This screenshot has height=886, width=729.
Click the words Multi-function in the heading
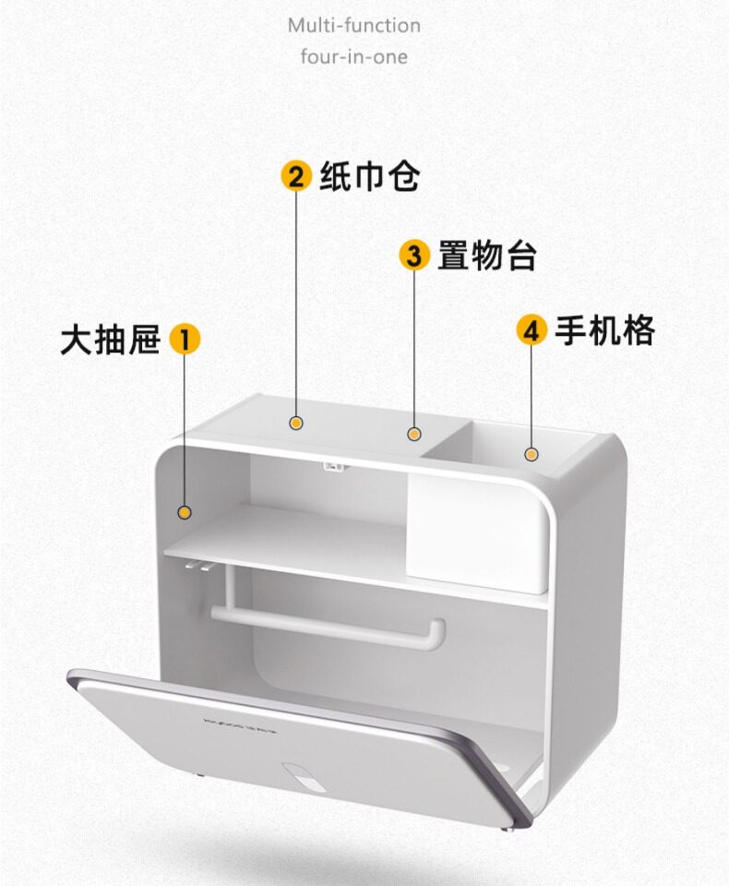[x=353, y=25]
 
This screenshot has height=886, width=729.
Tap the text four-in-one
[x=353, y=56]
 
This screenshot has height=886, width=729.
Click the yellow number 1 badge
[x=185, y=339]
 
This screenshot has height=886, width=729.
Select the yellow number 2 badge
[x=296, y=175]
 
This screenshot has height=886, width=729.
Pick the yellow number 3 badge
[x=414, y=255]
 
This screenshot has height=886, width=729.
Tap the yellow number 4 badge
[x=532, y=329]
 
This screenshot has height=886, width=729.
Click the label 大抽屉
[x=110, y=339]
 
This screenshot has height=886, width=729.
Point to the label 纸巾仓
[x=369, y=175]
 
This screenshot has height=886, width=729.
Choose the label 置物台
[x=486, y=255]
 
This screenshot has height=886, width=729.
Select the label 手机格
[x=604, y=329]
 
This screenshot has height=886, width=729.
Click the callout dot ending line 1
[x=185, y=512]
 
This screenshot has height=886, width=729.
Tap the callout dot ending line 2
[x=296, y=423]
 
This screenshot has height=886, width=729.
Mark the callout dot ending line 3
[x=414, y=433]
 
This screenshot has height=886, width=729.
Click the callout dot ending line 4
[x=532, y=454]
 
